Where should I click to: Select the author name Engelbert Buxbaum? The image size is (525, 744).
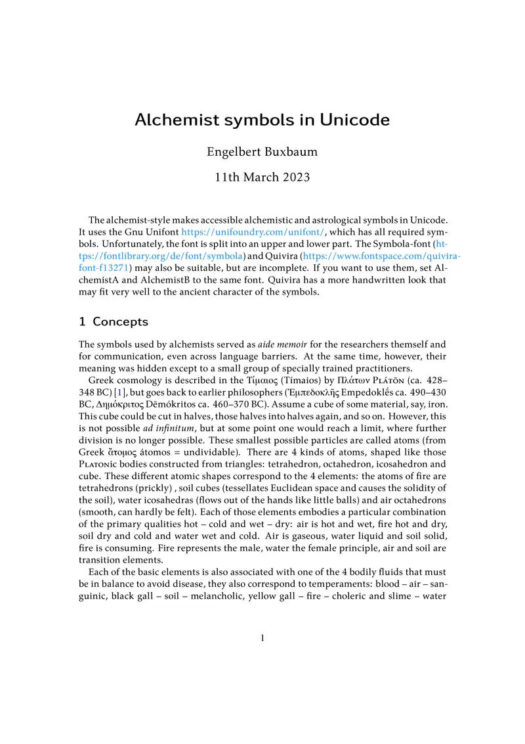coord(262,152)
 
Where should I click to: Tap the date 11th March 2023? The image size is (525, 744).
coord(262,177)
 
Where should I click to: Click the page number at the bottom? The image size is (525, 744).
coord(262,638)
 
